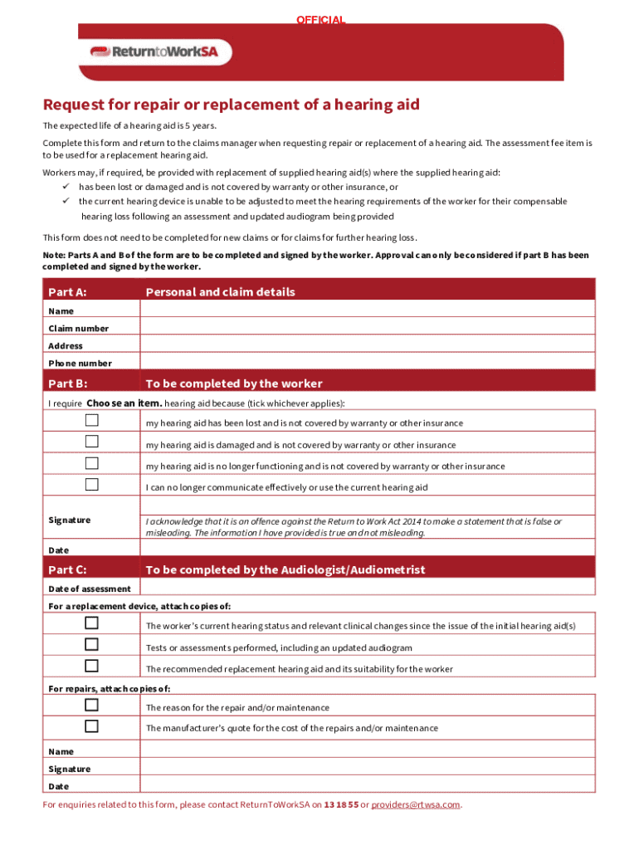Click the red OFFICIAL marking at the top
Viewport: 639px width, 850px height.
320,20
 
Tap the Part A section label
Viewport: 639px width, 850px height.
68,292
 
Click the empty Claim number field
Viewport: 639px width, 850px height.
368,328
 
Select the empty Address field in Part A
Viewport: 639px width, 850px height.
368,345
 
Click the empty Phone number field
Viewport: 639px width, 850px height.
368,363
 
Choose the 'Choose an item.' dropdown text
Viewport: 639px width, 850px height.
124,403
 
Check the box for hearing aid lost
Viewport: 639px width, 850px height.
91,420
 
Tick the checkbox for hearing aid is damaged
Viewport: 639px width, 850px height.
91,442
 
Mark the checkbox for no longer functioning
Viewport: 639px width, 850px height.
91,463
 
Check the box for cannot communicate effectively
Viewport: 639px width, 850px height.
91,485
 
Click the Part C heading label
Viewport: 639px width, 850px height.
68,569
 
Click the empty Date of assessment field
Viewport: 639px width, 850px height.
368,588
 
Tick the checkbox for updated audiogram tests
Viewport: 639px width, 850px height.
91,644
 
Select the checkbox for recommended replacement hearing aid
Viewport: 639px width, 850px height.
91,666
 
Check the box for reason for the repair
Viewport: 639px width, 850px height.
91,705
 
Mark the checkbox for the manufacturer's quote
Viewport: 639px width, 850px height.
91,726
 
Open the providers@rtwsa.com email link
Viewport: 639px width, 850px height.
415,804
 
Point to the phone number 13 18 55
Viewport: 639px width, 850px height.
341,804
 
